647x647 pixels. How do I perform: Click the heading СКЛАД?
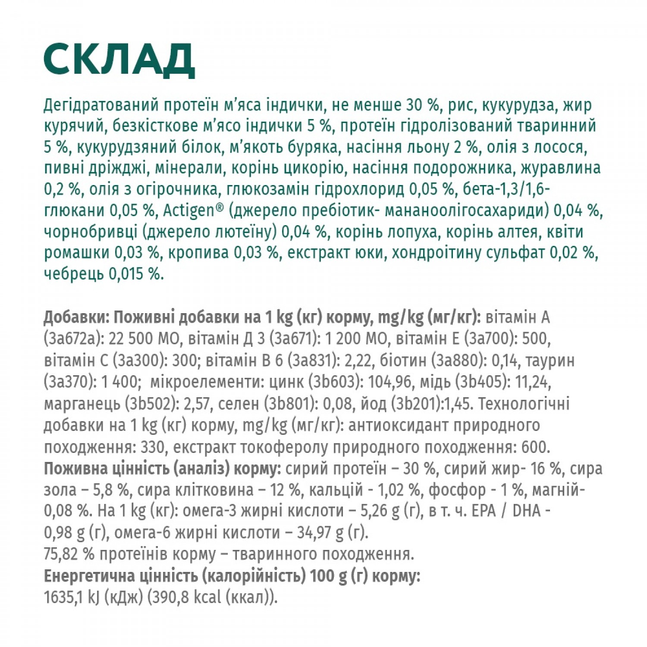pyautogui.click(x=119, y=60)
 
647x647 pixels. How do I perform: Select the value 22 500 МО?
pyautogui.click(x=144, y=339)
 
